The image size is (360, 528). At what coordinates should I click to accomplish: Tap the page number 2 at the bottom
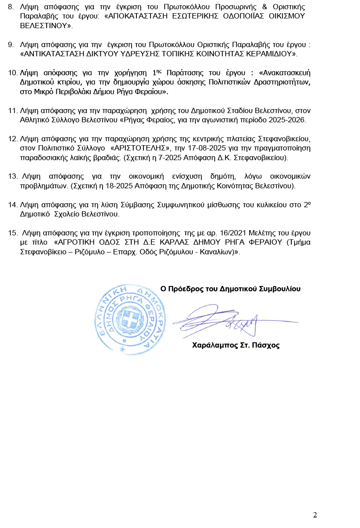tap(315, 515)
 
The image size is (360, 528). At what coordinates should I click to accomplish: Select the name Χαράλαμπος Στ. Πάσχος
tap(236, 345)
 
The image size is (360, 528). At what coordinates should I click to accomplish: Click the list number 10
tap(13, 73)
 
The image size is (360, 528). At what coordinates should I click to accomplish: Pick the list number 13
tap(13, 176)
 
